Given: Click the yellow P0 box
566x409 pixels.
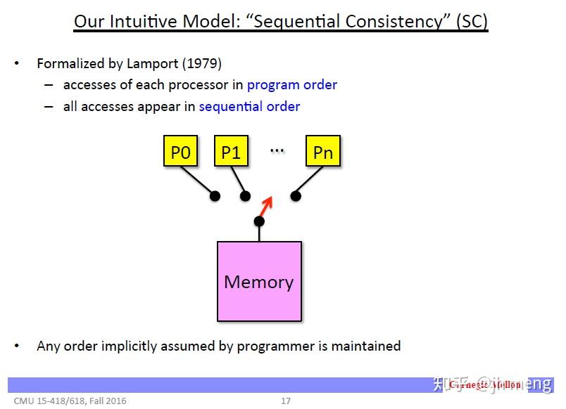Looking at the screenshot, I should click(x=180, y=152).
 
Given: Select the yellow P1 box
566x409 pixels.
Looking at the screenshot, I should click(x=231, y=152).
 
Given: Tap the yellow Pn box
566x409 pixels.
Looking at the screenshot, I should click(x=323, y=152).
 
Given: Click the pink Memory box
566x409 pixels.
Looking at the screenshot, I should click(x=259, y=282).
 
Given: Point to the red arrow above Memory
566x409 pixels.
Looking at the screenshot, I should click(x=265, y=206).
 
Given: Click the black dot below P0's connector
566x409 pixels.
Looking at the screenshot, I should click(x=215, y=196).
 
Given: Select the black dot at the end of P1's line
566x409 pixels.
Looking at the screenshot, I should click(x=245, y=196).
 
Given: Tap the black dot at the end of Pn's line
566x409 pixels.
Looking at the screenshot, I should click(x=296, y=196).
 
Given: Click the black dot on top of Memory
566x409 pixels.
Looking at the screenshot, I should click(x=259, y=221).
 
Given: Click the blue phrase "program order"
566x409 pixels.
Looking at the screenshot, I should click(x=291, y=85).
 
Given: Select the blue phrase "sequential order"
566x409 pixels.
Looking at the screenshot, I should click(x=249, y=107).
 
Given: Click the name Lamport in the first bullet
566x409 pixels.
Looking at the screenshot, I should click(x=153, y=64).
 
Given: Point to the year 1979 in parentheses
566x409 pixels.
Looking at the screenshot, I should click(x=202, y=64).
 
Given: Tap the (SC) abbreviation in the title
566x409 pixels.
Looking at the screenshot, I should click(x=471, y=21).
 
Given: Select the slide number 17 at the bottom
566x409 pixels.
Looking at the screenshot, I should click(x=285, y=401).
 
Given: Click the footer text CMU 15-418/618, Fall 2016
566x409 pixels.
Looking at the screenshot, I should click(x=70, y=401).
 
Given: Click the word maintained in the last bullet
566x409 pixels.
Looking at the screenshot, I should click(x=366, y=346).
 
